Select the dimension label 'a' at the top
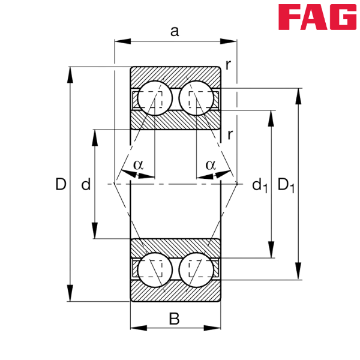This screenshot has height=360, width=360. pos(175,31)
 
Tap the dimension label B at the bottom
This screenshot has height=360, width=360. pos(175,318)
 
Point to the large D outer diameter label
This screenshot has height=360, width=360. pos(60,185)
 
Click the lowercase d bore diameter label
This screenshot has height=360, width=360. pos(85,185)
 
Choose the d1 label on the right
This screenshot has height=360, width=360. pos(259,185)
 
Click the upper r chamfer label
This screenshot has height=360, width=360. pos(229,64)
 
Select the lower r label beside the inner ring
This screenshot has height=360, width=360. pos(229,134)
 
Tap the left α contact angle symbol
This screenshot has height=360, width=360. pos(138,164)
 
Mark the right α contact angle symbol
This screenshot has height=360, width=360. pos(211,164)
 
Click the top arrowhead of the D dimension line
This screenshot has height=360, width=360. pos(70,73)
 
